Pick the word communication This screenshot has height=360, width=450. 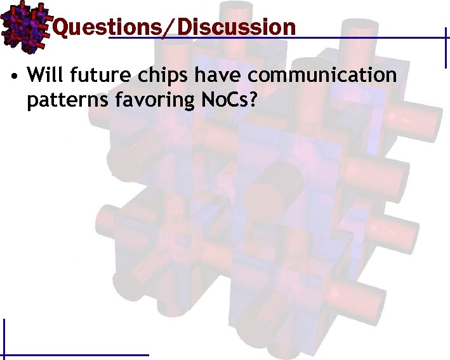(x=322, y=76)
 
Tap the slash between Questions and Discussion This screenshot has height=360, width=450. (x=170, y=27)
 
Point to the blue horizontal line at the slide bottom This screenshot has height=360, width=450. (x=76, y=354)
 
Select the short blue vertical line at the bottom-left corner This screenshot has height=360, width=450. (x=4, y=337)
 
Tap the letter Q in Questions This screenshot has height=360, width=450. (x=61, y=27)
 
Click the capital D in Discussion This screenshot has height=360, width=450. (x=185, y=27)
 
